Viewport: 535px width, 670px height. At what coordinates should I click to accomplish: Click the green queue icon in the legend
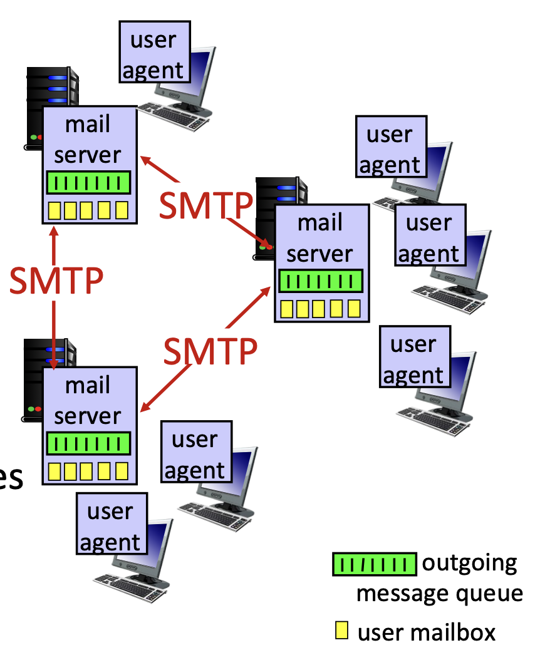(374, 564)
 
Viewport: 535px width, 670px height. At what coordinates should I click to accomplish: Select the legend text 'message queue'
(439, 592)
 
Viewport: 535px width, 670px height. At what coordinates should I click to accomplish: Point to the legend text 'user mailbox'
(426, 632)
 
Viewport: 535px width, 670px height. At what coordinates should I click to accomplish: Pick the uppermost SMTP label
(205, 205)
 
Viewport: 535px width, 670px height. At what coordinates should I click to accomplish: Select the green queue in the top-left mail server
(88, 183)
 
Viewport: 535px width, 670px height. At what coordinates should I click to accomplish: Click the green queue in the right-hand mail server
(321, 281)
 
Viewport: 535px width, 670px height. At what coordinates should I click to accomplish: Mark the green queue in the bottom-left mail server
(88, 443)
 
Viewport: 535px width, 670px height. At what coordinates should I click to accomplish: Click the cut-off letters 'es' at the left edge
(11, 479)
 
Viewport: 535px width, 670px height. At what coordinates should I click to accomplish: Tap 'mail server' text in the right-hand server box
(320, 238)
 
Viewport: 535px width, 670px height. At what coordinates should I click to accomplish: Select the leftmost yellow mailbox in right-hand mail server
(288, 309)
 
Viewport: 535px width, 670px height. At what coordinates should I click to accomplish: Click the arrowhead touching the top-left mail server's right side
(145, 160)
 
